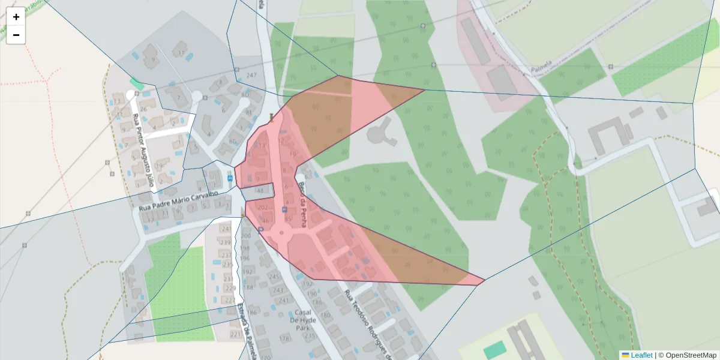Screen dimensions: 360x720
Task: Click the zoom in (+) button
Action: [x=16, y=17]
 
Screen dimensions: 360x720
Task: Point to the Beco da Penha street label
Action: [x=302, y=204]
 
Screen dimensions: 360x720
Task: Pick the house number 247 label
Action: [x=251, y=75]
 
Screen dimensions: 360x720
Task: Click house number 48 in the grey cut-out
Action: [x=260, y=190]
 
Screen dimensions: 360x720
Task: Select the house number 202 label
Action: [x=262, y=208]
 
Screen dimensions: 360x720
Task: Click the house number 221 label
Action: [x=235, y=334]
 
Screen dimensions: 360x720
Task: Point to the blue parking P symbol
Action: [x=284, y=209]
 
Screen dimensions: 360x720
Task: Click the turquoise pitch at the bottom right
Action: [x=494, y=349]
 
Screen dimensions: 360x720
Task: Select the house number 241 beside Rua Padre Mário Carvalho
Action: [x=226, y=229]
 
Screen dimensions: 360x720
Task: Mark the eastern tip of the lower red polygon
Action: [x=484, y=280]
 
